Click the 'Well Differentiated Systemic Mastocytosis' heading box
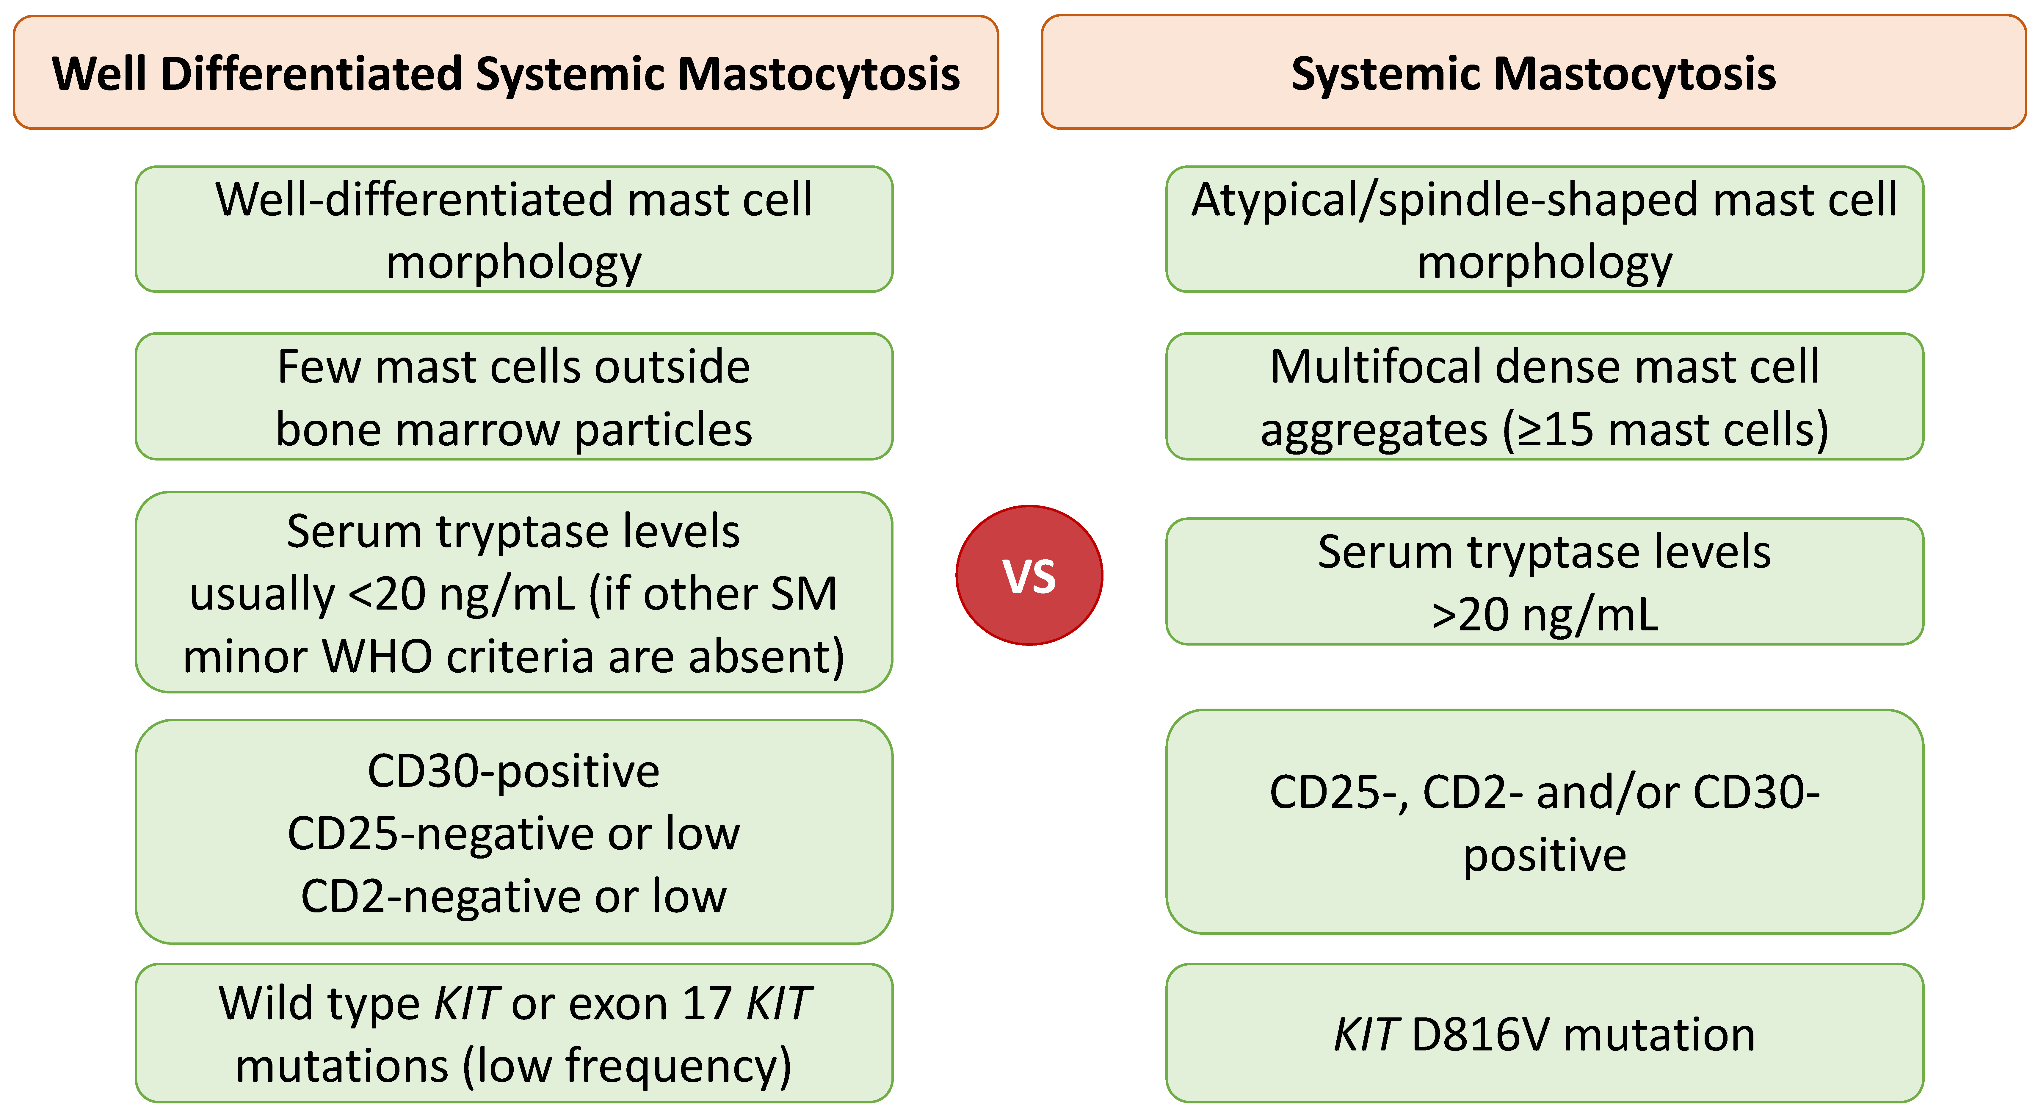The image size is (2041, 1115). point(506,72)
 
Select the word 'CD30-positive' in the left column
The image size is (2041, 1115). point(513,771)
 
